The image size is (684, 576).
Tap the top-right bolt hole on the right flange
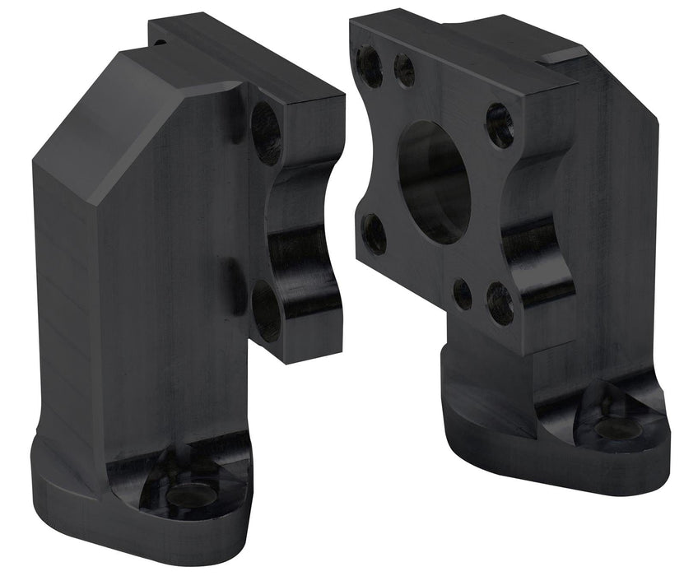(499, 124)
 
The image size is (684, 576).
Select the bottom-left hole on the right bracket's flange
(375, 234)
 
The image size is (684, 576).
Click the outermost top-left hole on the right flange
(370, 67)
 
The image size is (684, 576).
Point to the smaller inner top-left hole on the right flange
(404, 71)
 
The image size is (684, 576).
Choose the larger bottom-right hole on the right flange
(500, 303)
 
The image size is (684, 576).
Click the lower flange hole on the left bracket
(265, 310)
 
